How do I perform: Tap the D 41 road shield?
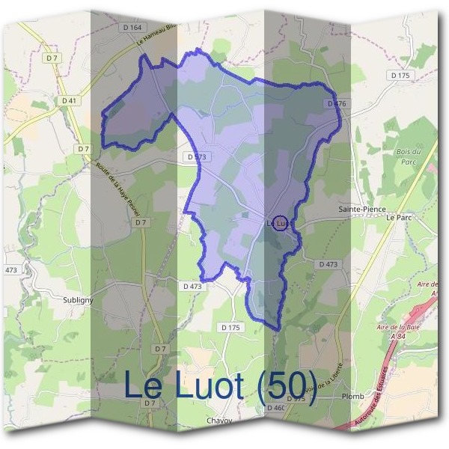[x=70, y=100]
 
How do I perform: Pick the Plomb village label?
[x=352, y=395]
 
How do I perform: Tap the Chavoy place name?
[x=219, y=421]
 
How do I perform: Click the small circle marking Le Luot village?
[x=279, y=223]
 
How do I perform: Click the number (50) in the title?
[x=287, y=385]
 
